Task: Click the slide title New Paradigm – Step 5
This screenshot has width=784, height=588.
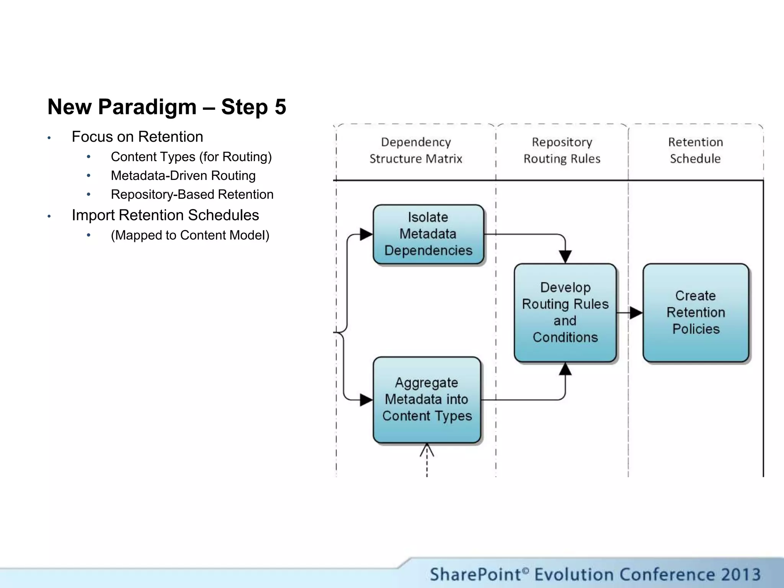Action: pos(167,107)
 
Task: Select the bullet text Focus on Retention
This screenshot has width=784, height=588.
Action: pos(137,137)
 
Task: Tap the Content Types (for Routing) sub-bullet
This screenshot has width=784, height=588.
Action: pos(191,157)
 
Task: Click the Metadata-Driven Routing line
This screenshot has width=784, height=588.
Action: pos(183,176)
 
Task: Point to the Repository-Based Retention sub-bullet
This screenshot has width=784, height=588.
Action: pos(192,194)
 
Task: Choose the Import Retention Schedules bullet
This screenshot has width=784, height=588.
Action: pos(165,215)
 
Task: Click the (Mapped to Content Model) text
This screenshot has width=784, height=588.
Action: pos(190,235)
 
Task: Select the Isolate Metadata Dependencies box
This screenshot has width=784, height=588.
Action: pos(428,234)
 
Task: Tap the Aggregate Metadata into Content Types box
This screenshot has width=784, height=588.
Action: pos(426,399)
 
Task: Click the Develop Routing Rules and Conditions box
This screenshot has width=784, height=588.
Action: pos(565,312)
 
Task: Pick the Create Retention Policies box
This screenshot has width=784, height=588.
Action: pos(696,312)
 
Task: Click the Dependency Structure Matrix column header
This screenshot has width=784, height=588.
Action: pos(416,150)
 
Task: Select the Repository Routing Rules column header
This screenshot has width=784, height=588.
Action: pos(562,150)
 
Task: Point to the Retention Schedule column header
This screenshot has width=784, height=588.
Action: pos(695,150)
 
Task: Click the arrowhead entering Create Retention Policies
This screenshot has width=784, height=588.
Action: pos(636,313)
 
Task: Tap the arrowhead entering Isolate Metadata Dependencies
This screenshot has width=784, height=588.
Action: pos(366,234)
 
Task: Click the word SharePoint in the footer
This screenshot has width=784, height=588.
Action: pos(475,575)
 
